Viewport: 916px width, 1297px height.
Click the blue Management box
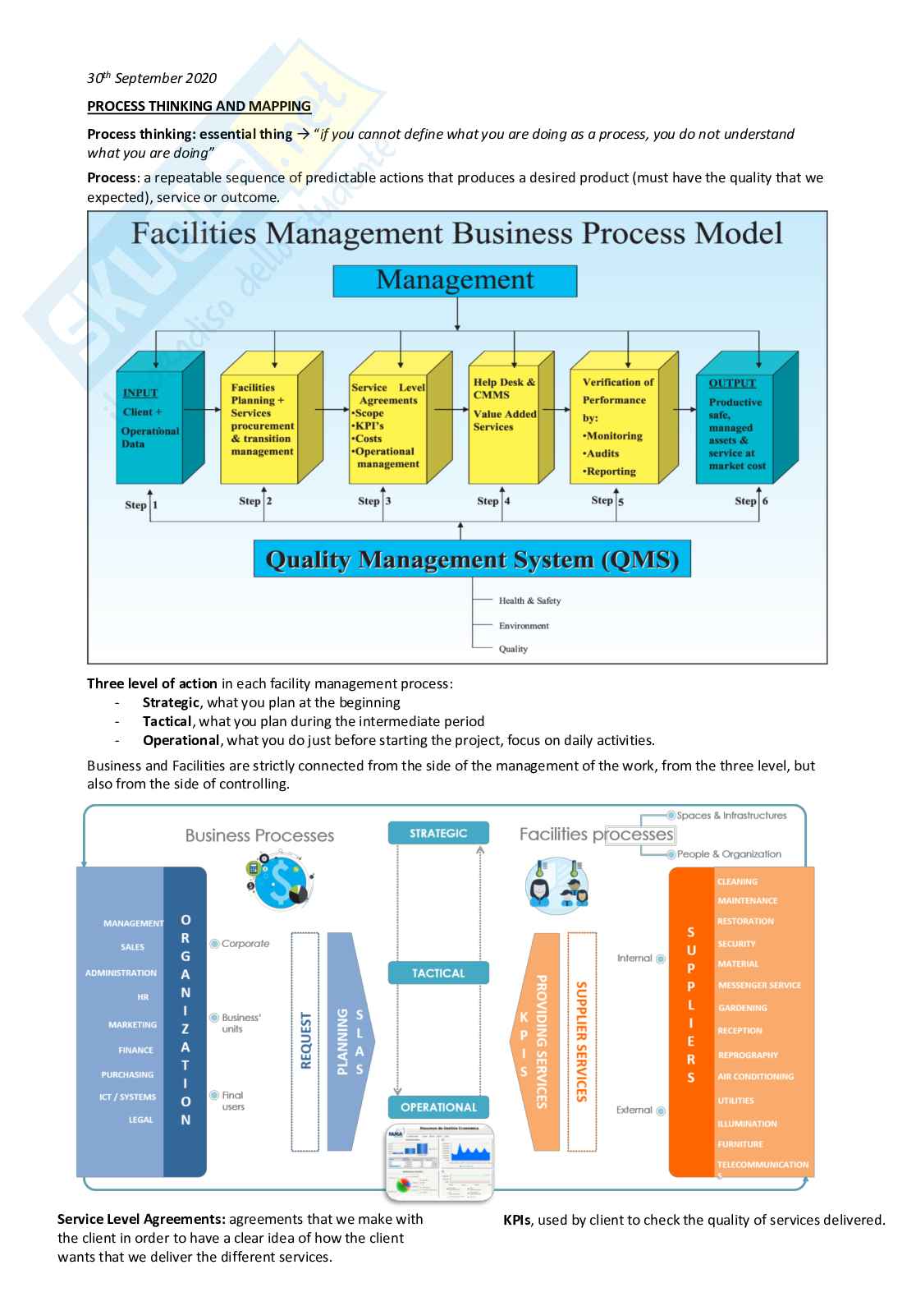click(x=455, y=281)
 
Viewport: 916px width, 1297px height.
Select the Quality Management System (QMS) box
click(x=472, y=559)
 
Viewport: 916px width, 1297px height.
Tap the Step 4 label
click(x=493, y=501)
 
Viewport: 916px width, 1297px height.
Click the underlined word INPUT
click(x=140, y=393)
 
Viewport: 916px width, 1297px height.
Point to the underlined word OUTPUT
click(x=732, y=383)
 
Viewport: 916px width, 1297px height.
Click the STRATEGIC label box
click(x=438, y=833)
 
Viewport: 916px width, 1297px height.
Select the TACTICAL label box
click(x=438, y=973)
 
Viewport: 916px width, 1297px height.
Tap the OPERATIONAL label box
click(x=438, y=1107)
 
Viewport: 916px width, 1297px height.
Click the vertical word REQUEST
click(x=305, y=1040)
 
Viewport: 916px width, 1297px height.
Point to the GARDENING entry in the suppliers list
click(x=742, y=1008)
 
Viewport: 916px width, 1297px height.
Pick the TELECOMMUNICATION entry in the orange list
click(x=763, y=1165)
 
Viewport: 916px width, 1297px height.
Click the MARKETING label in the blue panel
click(x=132, y=1025)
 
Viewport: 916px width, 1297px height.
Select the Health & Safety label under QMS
click(x=529, y=601)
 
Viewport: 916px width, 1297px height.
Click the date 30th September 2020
click(x=152, y=78)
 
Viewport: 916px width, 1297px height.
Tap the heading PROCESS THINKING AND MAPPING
click(x=199, y=106)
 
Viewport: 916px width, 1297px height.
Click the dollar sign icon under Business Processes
click(x=282, y=882)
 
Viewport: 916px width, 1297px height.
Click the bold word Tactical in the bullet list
click(x=167, y=721)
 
